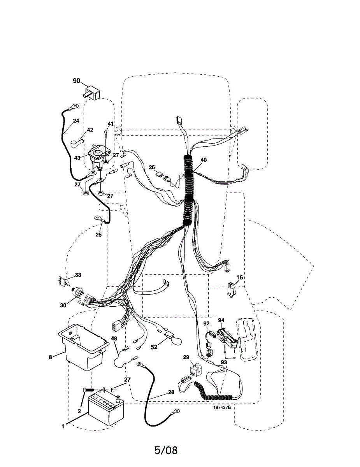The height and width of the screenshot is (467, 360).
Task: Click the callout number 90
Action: pyautogui.click(x=76, y=81)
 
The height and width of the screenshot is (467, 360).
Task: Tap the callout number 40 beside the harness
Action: pyautogui.click(x=204, y=160)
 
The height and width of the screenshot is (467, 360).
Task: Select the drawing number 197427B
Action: pyautogui.click(x=222, y=407)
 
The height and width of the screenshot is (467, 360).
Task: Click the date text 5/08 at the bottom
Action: pyautogui.click(x=166, y=450)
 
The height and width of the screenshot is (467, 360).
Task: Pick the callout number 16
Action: pyautogui.click(x=239, y=277)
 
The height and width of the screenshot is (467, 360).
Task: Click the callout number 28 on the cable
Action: pyautogui.click(x=171, y=392)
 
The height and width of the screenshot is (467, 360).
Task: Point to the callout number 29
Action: pyautogui.click(x=186, y=357)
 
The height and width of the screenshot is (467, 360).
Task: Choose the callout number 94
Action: pyautogui.click(x=221, y=320)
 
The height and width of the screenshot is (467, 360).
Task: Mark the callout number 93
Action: pyautogui.click(x=223, y=362)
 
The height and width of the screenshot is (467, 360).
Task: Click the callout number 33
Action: pyautogui.click(x=78, y=275)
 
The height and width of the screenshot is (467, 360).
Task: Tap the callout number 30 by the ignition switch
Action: pyautogui.click(x=63, y=305)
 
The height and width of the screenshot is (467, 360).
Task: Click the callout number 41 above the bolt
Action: pyautogui.click(x=110, y=124)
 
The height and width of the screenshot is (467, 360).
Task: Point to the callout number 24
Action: pyautogui.click(x=76, y=121)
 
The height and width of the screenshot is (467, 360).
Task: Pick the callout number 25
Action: pyautogui.click(x=98, y=235)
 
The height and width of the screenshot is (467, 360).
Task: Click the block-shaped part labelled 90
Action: pyautogui.click(x=92, y=94)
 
